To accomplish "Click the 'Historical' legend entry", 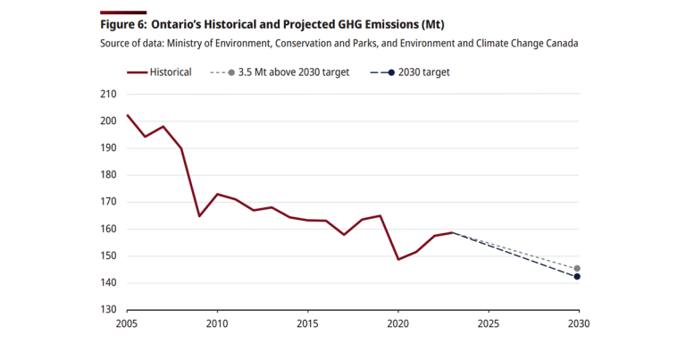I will point(171,71).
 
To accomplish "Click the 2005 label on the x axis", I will point(127,323).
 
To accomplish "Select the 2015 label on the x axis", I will point(306,323).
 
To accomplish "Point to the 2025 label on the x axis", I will point(487,323).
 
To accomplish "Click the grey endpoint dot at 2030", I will point(577,269).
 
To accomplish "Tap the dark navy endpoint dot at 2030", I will point(577,277).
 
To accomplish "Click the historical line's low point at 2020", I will point(397,259).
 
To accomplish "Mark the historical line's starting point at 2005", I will point(127,115).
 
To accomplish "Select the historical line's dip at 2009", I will point(199,216).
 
